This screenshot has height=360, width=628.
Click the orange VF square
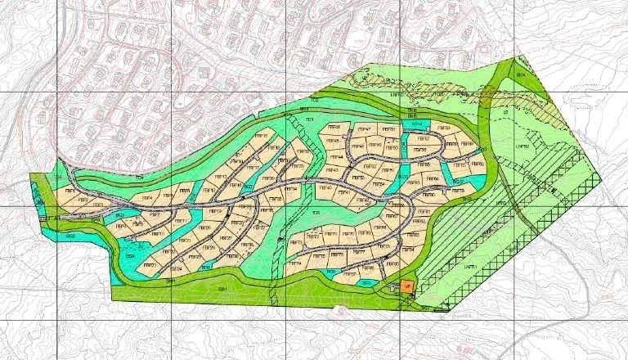tap(407, 286)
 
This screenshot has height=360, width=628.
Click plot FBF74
tap(295, 263)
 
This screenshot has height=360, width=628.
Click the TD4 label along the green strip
tap(140, 178)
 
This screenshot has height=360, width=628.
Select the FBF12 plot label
tap(209, 190)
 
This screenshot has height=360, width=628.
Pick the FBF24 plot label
tap(175, 268)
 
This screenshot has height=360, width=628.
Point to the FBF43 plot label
tap(331, 170)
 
